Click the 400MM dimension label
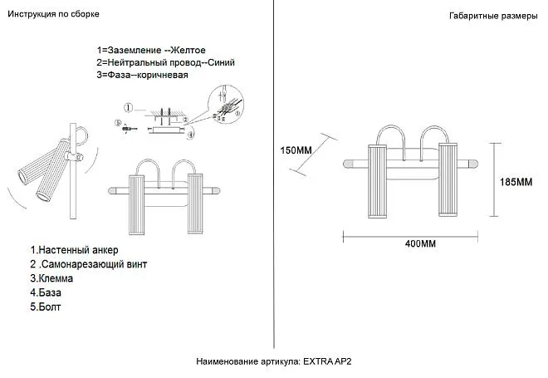(x=421, y=244)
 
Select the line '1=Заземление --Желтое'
(x=151, y=51)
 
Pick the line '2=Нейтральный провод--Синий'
(x=166, y=62)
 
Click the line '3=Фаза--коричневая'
(x=142, y=75)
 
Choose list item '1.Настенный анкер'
(x=74, y=249)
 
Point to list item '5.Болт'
(x=46, y=307)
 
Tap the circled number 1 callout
(x=128, y=108)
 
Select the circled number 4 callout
(x=191, y=133)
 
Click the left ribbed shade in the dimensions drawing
(x=379, y=180)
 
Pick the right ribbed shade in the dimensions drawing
(x=448, y=180)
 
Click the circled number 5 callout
(x=119, y=122)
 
